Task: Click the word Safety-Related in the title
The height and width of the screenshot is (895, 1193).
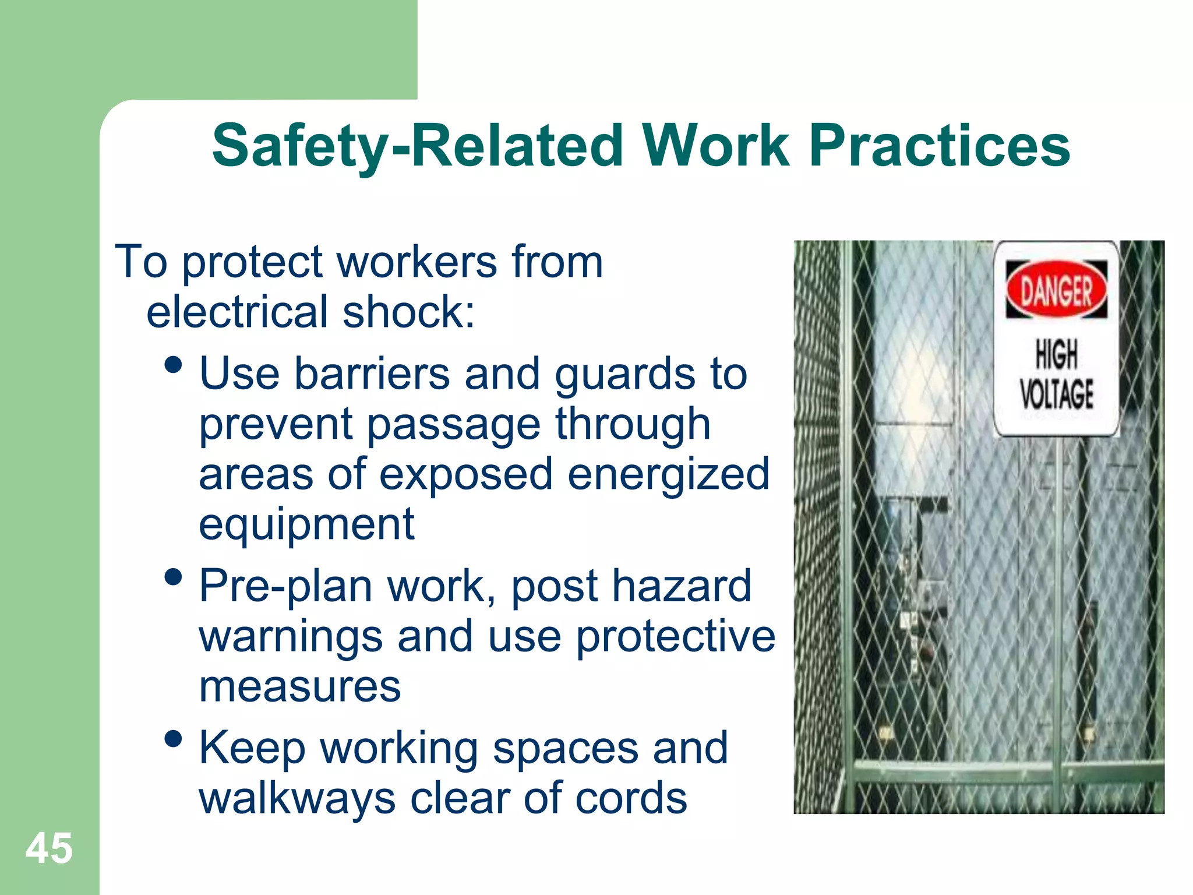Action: coord(417,146)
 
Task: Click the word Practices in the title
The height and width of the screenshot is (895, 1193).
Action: coord(939,146)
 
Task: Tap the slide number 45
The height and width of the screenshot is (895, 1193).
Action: coord(49,848)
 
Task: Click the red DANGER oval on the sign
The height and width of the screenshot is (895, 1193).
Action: coord(1056,290)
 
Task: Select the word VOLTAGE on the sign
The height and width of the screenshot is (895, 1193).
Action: coord(1056,394)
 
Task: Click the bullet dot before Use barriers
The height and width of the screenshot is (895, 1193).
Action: coord(173,366)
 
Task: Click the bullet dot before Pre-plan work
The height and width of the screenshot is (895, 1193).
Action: coord(173,577)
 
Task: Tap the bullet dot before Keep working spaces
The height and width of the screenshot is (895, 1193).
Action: coord(173,739)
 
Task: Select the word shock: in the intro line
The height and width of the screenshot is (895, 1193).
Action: coord(409,312)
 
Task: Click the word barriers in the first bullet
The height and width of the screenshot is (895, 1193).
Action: coord(372,373)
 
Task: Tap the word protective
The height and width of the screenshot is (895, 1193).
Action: coord(676,637)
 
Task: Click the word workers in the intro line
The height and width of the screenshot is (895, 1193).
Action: coord(417,263)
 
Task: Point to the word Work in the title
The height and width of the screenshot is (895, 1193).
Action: coord(716,146)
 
